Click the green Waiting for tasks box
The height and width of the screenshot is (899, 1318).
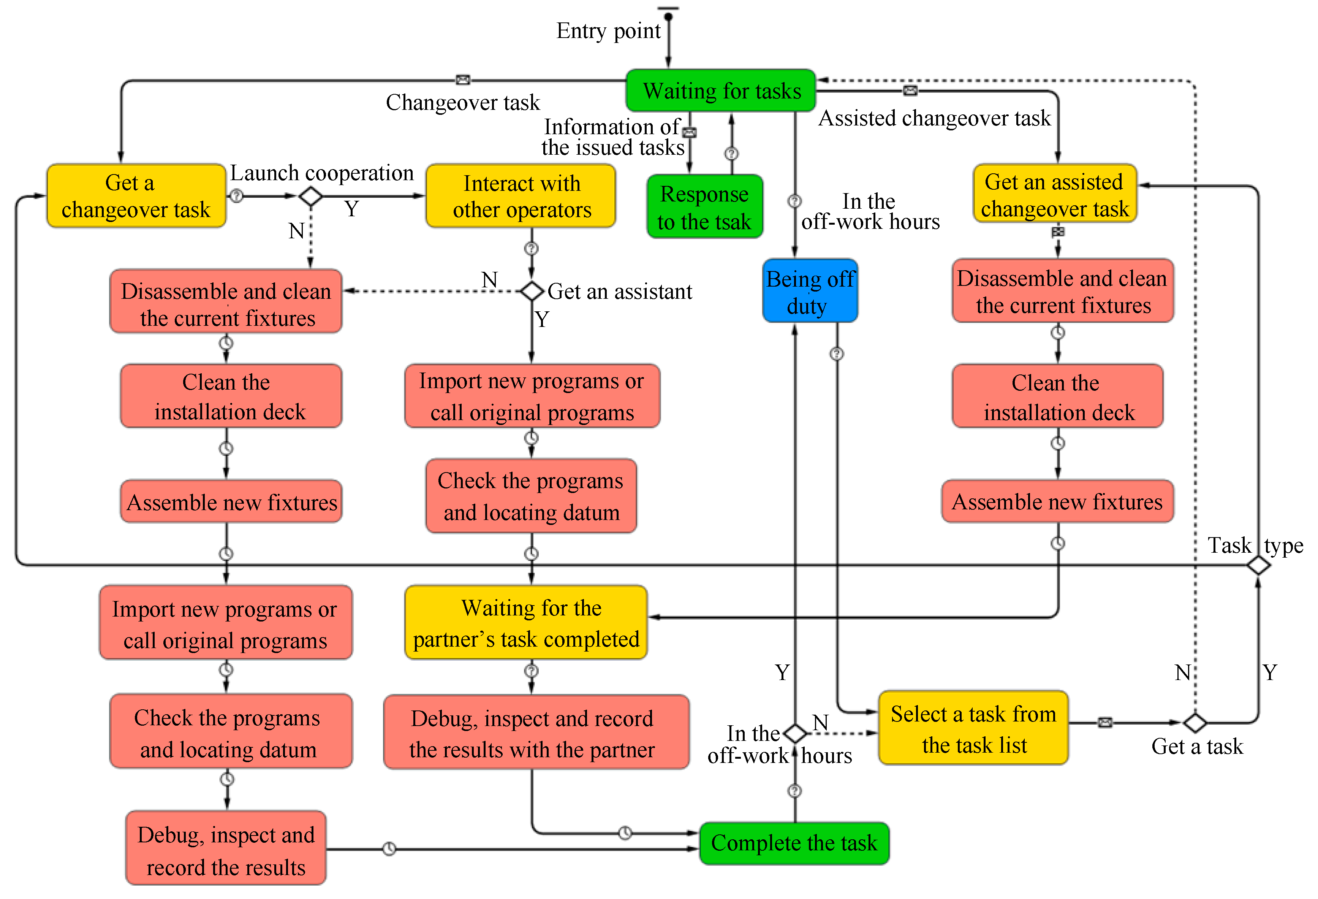pos(721,90)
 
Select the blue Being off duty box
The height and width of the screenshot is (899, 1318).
pos(810,290)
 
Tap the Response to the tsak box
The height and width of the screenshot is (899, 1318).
pos(704,206)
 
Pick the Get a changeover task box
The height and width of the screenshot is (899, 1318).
pos(136,196)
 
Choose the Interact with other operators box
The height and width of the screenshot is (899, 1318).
pos(521,196)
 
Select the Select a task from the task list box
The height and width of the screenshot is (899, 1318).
pos(973,728)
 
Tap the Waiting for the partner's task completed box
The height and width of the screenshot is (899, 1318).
pos(526,623)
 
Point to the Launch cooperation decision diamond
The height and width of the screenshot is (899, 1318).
pos(311,197)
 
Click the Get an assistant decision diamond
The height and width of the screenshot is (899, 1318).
pos(532,291)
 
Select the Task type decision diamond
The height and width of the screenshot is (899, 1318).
pos(1258,565)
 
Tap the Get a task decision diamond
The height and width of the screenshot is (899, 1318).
pos(1195,723)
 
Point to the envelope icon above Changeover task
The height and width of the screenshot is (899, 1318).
pos(463,80)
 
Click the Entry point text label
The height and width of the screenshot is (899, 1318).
pos(609,31)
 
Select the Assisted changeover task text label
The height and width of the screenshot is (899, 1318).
pos(935,118)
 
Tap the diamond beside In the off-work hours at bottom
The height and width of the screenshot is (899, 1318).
pos(795,733)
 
